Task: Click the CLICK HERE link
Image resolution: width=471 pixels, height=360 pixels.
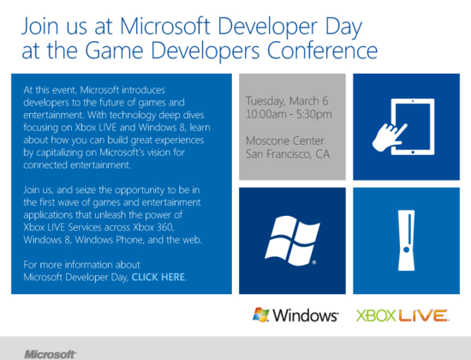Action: point(158,277)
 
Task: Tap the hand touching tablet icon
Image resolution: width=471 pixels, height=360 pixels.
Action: point(403,127)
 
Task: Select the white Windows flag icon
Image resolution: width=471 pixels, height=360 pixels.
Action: point(292,241)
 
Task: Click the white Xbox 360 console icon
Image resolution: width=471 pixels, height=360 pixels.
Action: point(407,240)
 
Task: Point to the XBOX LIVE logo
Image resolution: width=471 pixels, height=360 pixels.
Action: point(402,315)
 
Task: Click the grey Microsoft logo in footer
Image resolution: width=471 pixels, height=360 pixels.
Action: point(50,354)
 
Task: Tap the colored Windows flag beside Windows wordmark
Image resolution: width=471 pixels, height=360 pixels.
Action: point(260,315)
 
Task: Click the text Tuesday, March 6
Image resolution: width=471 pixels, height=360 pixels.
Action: point(287,101)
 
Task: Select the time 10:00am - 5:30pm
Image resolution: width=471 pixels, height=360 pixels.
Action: point(289,114)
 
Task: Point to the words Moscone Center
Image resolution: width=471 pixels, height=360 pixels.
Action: point(285,141)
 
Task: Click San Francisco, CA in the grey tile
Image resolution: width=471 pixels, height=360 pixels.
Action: point(288,154)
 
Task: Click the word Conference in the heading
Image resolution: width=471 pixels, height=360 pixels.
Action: point(322,51)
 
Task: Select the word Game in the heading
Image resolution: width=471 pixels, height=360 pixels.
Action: point(114,51)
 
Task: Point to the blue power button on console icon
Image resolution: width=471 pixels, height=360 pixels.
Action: point(407,249)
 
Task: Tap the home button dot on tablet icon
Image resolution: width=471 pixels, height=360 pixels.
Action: point(413,153)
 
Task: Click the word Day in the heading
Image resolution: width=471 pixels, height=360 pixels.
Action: point(343,27)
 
